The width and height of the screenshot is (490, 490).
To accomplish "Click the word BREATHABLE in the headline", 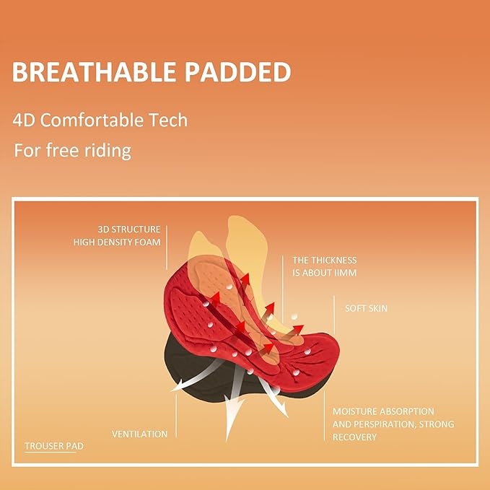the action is tap(94, 72).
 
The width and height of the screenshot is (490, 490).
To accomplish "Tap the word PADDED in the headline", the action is tap(238, 72).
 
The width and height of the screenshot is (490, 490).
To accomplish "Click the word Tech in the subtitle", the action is tap(168, 120).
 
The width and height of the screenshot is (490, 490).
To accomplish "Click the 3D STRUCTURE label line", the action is tap(128, 229).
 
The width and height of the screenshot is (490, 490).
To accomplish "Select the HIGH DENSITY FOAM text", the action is tap(117, 242).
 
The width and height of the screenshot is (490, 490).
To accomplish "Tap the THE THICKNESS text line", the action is tap(324, 261).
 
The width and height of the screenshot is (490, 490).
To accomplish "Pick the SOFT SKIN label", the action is tap(366, 308).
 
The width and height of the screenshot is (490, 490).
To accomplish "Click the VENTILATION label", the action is tap(139, 434).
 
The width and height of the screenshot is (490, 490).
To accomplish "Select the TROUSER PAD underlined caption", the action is tap(54, 446).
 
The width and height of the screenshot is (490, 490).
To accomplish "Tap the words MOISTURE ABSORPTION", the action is tap(383, 411).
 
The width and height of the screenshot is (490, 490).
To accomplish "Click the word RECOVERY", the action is tap(354, 437).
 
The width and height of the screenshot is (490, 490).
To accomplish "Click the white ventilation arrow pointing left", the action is tap(197, 377).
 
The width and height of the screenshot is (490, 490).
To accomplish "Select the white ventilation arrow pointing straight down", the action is tap(233, 403).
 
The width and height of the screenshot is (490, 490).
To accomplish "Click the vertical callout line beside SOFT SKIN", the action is tap(334, 315).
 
